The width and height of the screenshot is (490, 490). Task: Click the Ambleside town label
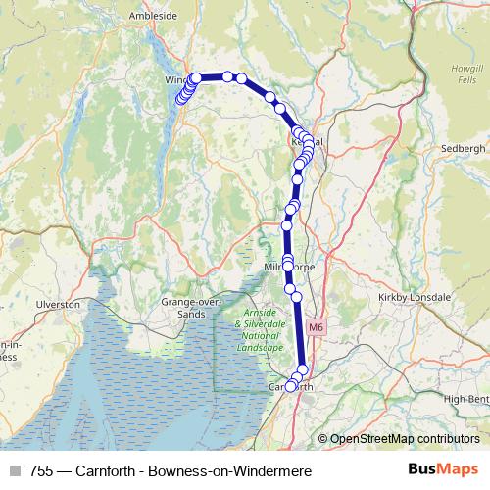click(151, 16)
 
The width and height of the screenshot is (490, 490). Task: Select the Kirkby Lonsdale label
click(414, 296)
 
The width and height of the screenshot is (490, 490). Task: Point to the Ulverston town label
click(59, 305)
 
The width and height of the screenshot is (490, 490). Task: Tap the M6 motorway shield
click(315, 327)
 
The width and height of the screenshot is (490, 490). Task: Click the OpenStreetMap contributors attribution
click(404, 438)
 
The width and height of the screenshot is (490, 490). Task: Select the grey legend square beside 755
click(14, 471)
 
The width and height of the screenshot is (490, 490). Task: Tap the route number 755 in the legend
click(40, 471)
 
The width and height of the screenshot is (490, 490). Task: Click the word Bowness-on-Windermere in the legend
click(229, 471)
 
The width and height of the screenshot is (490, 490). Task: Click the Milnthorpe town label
click(287, 267)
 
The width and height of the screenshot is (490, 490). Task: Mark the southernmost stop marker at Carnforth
click(291, 386)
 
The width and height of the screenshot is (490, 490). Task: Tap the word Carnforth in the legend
click(109, 471)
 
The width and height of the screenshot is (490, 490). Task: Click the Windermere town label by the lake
click(176, 79)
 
